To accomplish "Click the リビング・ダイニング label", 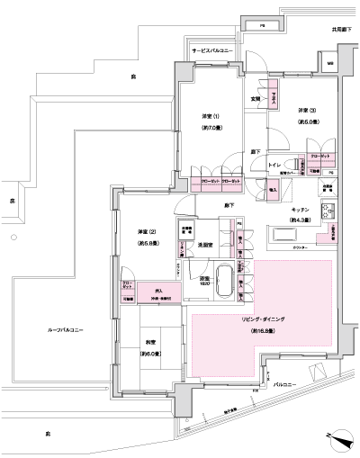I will [x=262, y=319].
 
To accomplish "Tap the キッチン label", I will [x=300, y=209].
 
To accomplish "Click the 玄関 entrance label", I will [x=256, y=98].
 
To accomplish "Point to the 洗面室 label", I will [x=204, y=244].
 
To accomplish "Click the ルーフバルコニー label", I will [x=65, y=331].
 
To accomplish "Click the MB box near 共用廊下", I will [x=329, y=65].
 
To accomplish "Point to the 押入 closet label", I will [x=158, y=291].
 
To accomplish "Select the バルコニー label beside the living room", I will [x=285, y=384].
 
